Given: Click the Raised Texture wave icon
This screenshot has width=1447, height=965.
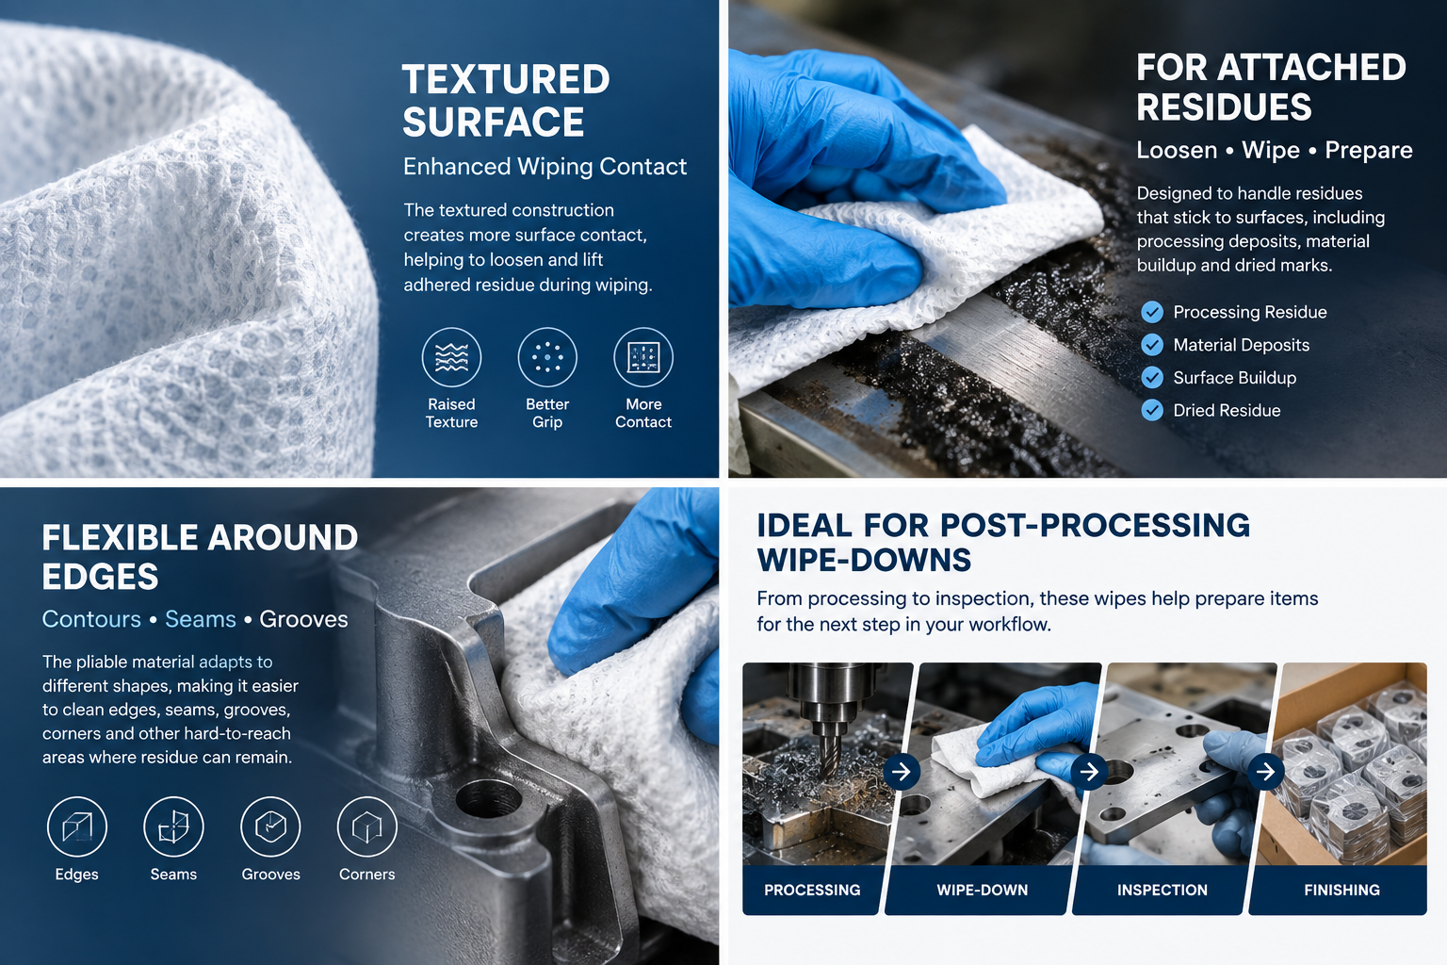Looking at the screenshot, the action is pos(451,357).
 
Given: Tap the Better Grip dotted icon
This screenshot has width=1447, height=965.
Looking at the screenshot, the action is pos(547,357).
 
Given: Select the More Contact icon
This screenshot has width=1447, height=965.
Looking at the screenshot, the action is pos(643,357).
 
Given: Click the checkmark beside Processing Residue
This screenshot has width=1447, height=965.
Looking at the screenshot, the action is pos(1152,312).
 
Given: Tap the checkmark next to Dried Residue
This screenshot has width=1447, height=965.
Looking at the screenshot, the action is pos(1152,411).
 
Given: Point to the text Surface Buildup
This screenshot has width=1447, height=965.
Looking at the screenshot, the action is pos(1234,378).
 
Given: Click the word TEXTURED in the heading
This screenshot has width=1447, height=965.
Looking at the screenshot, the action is pos(506,79).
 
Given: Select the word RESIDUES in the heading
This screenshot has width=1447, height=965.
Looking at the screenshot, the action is pos(1224,106).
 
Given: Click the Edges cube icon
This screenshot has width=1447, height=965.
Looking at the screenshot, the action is pos(77,826).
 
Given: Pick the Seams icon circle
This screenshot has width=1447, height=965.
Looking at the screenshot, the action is pos(173,826).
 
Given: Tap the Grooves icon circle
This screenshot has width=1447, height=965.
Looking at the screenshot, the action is pos(270,826).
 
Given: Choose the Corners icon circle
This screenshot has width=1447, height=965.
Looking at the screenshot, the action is pos(366,826).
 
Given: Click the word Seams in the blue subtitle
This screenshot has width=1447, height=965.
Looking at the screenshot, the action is pos(201,619).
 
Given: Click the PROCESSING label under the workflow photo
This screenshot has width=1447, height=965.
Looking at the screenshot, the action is pos(812,890).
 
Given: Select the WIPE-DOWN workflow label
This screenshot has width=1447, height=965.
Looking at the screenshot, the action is pos(982,890).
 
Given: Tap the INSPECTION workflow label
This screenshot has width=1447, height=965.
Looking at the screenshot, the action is pos(1162,890).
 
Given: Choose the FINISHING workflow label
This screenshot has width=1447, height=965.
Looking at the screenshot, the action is pos(1341,890).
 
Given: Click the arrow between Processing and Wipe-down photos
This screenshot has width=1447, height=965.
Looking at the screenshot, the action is pos(902,771).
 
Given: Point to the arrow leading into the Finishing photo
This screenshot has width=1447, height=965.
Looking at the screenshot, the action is pos(1265,771).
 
